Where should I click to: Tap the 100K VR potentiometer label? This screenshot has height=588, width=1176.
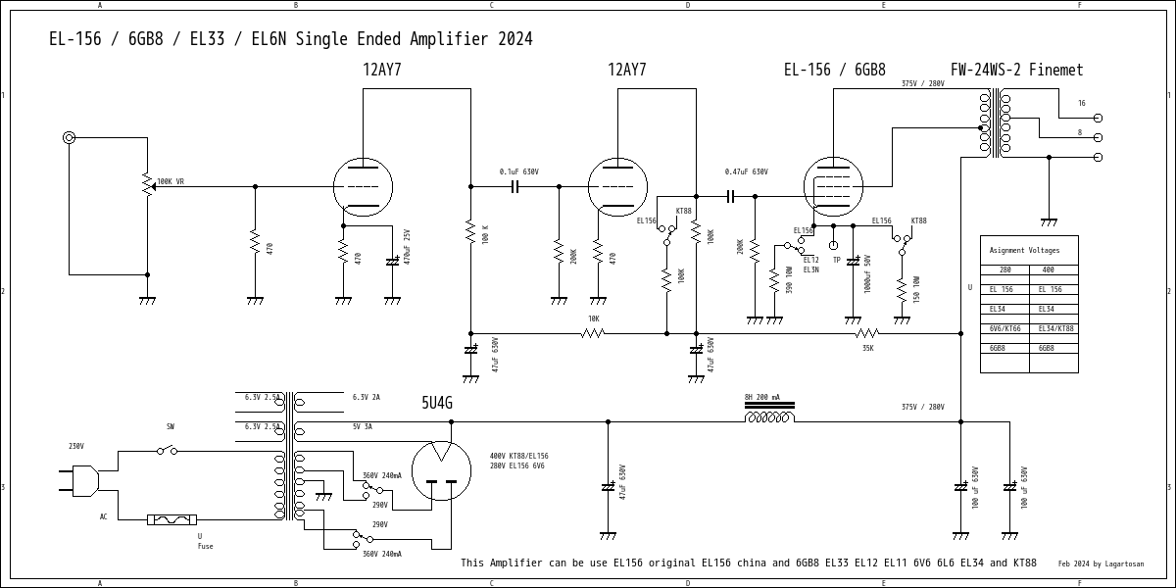pos(171,181)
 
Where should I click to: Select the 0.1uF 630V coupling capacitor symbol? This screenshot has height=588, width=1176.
pos(514,186)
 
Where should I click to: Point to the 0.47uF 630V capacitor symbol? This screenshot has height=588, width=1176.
pos(731,196)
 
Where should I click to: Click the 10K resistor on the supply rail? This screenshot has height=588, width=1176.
pos(592,333)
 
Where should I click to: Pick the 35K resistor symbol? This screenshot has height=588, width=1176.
pos(866,333)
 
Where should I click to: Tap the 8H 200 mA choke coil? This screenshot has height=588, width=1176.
pos(769,417)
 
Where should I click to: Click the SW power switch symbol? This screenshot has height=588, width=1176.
pos(169,451)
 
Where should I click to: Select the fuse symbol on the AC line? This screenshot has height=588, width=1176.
pos(172,519)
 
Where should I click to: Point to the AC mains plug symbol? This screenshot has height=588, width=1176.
pos(84,480)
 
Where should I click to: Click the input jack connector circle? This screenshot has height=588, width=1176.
pos(69,137)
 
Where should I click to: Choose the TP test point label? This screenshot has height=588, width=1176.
pos(836,260)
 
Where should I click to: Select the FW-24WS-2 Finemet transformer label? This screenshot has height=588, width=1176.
pos(1016,71)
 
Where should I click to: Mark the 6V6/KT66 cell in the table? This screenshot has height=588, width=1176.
pos(1004,328)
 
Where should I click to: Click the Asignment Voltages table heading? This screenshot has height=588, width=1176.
pos(1024,250)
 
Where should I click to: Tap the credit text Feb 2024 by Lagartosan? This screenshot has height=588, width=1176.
pos(1101,563)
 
